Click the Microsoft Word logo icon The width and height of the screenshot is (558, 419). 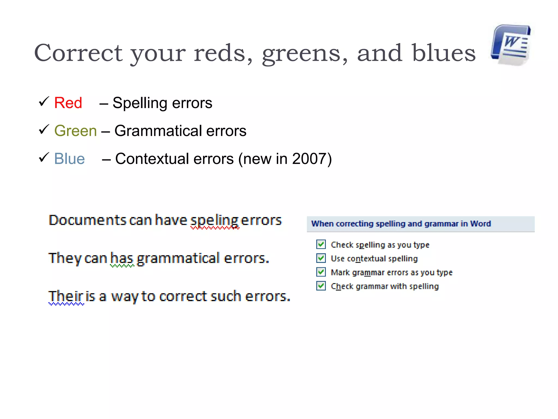point(511,45)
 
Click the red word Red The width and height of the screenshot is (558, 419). point(68,103)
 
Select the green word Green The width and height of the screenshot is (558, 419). point(75,131)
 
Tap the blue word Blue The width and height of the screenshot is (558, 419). point(69,158)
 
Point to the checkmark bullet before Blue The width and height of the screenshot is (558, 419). point(44,157)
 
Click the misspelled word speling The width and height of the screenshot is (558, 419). point(215,220)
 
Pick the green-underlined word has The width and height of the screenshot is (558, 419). point(122,258)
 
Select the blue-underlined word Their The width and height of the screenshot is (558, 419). point(66,296)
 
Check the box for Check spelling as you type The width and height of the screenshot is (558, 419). point(321,244)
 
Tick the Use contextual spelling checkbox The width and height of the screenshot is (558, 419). point(321,258)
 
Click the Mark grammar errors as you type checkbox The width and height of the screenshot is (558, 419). point(321,272)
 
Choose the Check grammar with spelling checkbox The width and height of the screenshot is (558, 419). point(321,286)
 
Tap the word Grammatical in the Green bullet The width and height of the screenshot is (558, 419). point(158,131)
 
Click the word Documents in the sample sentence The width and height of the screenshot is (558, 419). point(87,220)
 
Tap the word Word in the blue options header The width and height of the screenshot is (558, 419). point(480,224)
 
